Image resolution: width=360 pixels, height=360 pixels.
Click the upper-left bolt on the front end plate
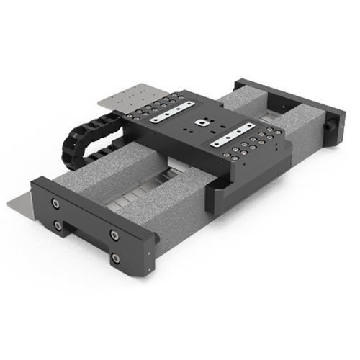[x=56, y=204]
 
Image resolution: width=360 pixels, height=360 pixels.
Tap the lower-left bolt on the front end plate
[x=57, y=225]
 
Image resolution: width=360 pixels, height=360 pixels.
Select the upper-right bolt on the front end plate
[x=114, y=235]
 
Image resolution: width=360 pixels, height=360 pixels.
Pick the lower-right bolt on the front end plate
[x=116, y=257]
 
